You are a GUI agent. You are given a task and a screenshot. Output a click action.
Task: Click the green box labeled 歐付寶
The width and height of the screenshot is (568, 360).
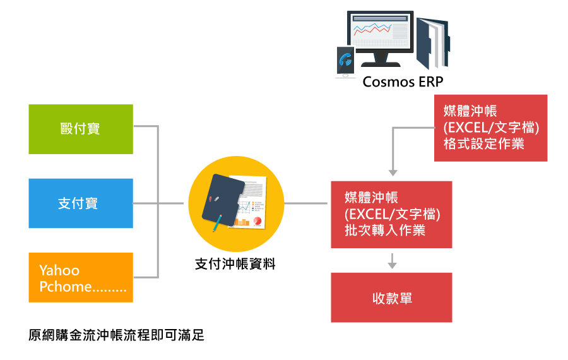pyautogui.click(x=81, y=129)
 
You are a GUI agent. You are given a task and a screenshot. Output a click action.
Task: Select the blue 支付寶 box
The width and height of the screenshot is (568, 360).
pyautogui.click(x=81, y=203)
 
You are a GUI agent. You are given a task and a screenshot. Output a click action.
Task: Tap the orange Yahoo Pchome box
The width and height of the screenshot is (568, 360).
pyautogui.click(x=81, y=278)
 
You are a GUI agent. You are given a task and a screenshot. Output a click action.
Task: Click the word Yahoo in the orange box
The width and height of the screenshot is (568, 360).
pyautogui.click(x=59, y=270)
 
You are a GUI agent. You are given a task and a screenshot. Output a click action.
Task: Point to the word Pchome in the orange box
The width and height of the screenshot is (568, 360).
pyautogui.click(x=66, y=287)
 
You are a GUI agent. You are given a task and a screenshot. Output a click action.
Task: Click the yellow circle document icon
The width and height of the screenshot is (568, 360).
pyautogui.click(x=235, y=203)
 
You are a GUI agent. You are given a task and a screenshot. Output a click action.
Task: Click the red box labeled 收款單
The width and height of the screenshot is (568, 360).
pyautogui.click(x=391, y=297)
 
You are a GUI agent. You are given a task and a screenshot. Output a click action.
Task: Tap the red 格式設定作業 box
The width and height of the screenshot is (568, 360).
pyautogui.click(x=490, y=128)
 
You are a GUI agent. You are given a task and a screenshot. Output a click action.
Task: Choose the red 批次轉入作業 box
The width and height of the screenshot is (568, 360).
pyautogui.click(x=391, y=214)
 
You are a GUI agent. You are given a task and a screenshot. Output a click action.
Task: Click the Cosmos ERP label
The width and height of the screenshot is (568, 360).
pyautogui.click(x=403, y=82)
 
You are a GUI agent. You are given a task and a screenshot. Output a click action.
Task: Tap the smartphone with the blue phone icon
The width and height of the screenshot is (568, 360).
pyautogui.click(x=345, y=61)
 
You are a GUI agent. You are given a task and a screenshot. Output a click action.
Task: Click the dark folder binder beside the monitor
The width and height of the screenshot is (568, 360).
pyautogui.click(x=432, y=41)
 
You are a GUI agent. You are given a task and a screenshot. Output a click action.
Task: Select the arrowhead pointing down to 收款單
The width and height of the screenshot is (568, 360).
pyautogui.click(x=392, y=265)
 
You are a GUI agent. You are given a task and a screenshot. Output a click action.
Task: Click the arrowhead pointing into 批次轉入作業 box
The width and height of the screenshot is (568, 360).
pyautogui.click(x=392, y=172)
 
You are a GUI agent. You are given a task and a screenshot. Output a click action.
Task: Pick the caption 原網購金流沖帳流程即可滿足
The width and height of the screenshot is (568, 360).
pyautogui.click(x=117, y=335)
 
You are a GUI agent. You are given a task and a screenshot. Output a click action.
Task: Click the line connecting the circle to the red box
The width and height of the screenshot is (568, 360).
pyautogui.click(x=307, y=203)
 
